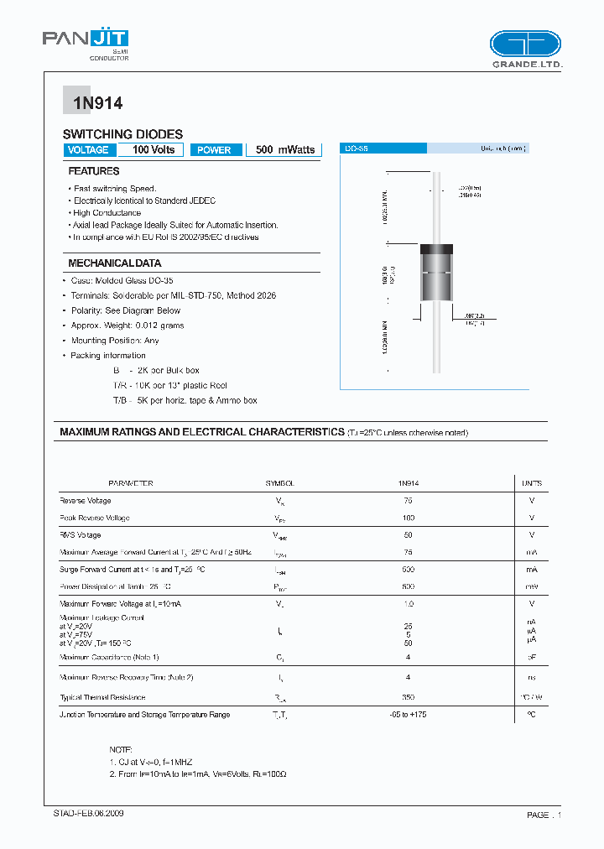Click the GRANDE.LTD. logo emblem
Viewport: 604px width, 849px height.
coord(524,44)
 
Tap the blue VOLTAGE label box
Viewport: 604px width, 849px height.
coord(87,150)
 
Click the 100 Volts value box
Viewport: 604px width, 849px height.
coord(152,150)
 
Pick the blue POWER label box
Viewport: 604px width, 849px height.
coord(215,150)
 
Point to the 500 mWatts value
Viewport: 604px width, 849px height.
coord(285,150)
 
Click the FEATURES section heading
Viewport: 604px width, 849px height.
coord(93,171)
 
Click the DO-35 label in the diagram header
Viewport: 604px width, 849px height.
coord(357,148)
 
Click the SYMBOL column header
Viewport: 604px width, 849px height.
coord(279,484)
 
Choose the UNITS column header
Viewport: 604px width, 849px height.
coord(531,484)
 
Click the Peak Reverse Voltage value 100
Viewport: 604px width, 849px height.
coord(408,518)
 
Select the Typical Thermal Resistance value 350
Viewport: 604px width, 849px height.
coord(408,697)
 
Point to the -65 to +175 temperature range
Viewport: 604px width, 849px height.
coord(408,715)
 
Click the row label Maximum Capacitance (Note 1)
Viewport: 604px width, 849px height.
coord(109,657)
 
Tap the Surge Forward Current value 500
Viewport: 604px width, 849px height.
coord(408,570)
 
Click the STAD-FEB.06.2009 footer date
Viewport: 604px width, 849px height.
coord(83,814)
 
